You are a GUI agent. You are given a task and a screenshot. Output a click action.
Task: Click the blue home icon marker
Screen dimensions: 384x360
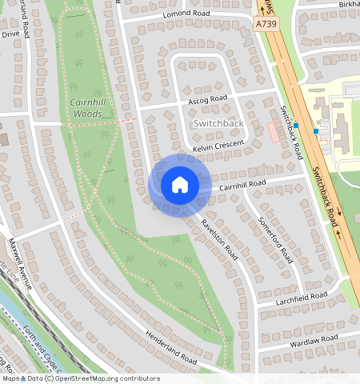tap(180, 185)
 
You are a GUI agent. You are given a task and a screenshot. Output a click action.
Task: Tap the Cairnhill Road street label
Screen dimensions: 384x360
tap(242, 184)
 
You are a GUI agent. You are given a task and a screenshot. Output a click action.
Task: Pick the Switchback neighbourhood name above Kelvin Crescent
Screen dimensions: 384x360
tap(218, 125)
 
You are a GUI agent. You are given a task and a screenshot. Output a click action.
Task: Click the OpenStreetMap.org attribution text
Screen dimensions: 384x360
tap(103, 378)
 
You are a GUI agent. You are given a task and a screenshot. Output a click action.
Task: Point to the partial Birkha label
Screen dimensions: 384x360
tap(349, 4)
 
